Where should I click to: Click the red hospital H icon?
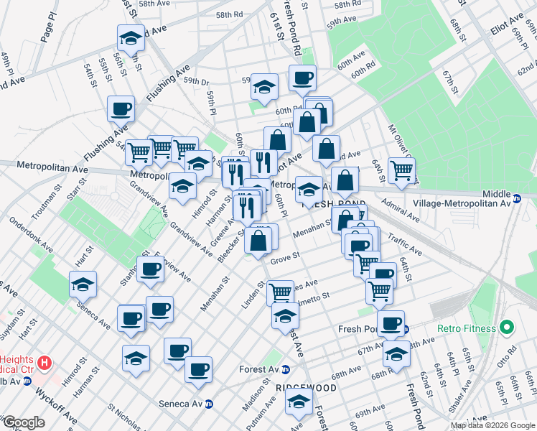pyautogui.click(x=45, y=362)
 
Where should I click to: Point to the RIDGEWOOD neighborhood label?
pyautogui.click(x=307, y=387)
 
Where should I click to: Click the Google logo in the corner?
pyautogui.click(x=24, y=422)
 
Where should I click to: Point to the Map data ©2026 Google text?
pyautogui.click(x=493, y=425)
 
